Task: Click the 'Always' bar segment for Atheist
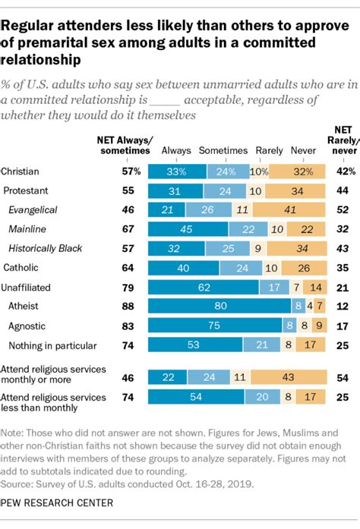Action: (x=220, y=306)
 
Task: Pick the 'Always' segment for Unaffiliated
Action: (x=204, y=286)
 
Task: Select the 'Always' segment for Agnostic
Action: (x=216, y=325)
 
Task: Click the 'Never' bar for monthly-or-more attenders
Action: (x=289, y=376)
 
